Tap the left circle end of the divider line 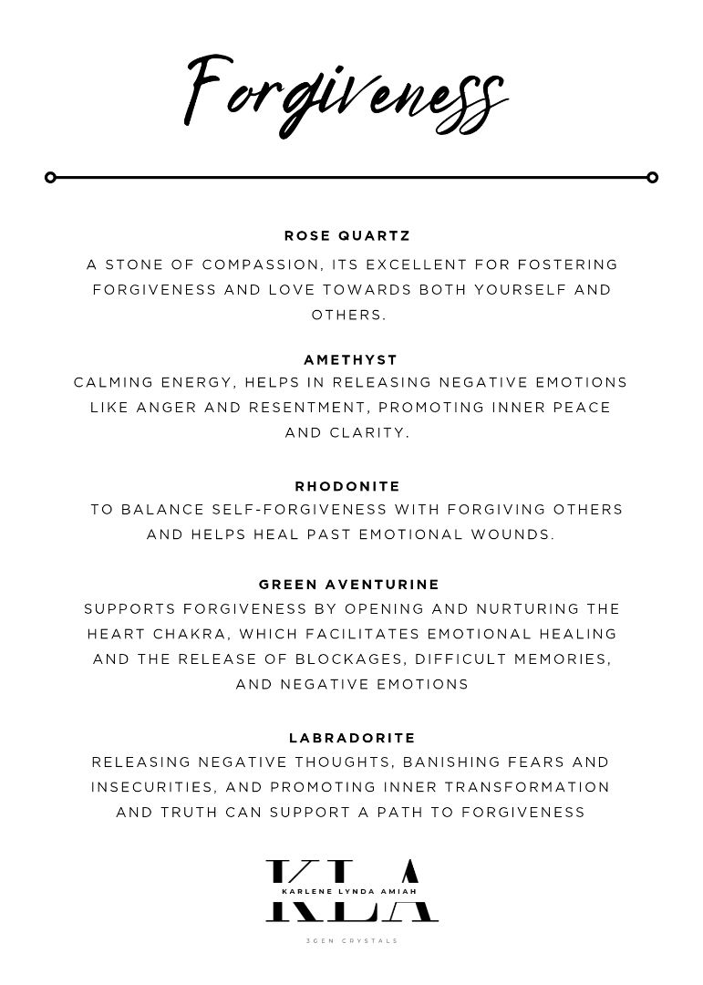[50, 177]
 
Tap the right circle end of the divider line [652, 177]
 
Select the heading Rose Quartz [347, 235]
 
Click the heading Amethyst [350, 359]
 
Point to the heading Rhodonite [347, 486]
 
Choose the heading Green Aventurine [349, 584]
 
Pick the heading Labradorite [352, 737]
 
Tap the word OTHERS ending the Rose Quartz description [348, 315]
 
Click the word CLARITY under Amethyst [371, 432]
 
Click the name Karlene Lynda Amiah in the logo [351, 891]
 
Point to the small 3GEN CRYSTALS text [352, 940]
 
